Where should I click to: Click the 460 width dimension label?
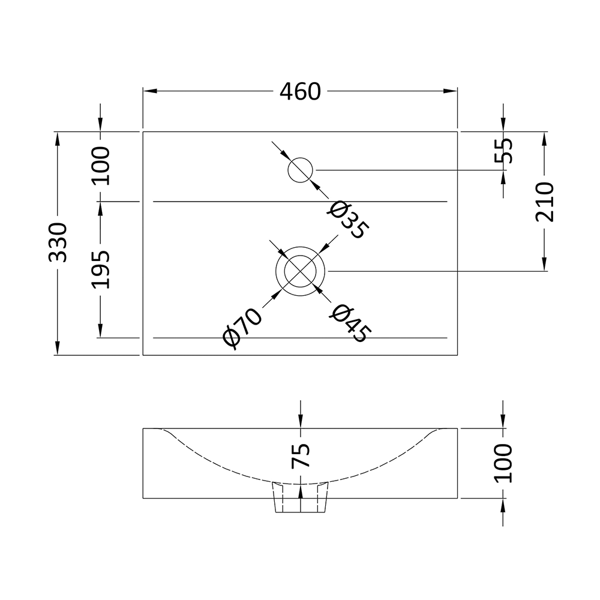point(300,91)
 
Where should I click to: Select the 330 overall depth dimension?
point(58,242)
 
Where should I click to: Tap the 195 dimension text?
point(101,269)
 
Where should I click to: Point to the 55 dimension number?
point(503,151)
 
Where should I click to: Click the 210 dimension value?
point(545,202)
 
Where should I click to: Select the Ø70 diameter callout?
point(242,327)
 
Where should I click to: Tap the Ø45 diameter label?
point(351,324)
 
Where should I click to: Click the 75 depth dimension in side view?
point(301,455)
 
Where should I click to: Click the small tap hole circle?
point(301,170)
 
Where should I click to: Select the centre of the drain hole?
point(300,271)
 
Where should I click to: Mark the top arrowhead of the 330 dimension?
point(58,137)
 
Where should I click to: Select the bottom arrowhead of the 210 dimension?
point(545,265)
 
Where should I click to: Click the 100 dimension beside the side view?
point(503,463)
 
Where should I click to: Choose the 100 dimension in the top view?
point(101,165)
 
